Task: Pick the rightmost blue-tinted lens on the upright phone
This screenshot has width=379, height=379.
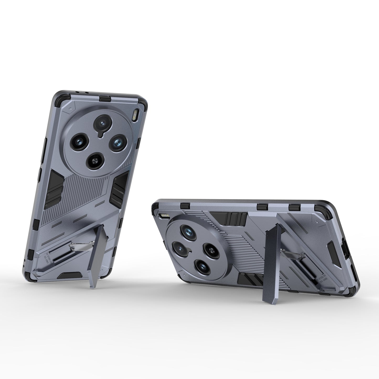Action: point(117,142)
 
